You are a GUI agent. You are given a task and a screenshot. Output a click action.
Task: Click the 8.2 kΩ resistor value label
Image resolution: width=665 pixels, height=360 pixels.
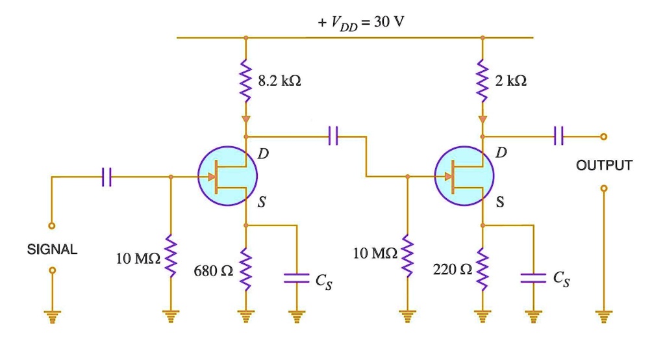pos(279,81)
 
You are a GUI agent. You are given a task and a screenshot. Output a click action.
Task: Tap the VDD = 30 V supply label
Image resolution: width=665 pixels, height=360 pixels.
pos(360,23)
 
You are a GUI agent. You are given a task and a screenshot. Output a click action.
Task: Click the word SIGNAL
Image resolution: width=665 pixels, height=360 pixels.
pos(52,250)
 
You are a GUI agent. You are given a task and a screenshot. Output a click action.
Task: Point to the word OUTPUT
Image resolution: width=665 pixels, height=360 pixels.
pos(603,165)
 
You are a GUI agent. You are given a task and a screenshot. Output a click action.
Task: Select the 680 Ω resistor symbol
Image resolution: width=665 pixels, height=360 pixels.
pos(245,268)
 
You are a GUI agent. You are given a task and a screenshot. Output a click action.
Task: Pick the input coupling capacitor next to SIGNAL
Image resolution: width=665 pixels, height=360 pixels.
pos(107,176)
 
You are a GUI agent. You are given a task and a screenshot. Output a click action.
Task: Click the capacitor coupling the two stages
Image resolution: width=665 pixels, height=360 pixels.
pos(333,136)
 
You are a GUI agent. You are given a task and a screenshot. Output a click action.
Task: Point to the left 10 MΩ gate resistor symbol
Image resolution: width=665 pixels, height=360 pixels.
pos(171,257)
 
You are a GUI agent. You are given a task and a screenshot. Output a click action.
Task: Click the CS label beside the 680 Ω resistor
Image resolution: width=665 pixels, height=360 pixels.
pos(324,280)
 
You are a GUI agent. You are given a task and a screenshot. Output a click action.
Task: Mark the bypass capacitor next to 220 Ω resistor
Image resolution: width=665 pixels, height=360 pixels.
pos(533,279)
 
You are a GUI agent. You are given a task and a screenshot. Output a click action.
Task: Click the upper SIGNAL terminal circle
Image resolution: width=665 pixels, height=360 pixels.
pos(52,225)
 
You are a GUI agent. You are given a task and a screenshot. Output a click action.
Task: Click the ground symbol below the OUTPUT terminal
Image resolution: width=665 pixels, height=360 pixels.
pos(603,317)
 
